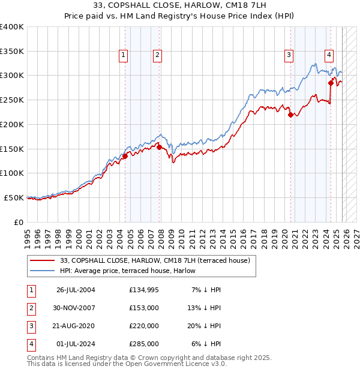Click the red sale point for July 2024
[331, 83]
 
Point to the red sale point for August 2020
[290, 115]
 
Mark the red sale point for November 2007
[160, 147]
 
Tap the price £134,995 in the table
[143, 290]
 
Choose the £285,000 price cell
[143, 344]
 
